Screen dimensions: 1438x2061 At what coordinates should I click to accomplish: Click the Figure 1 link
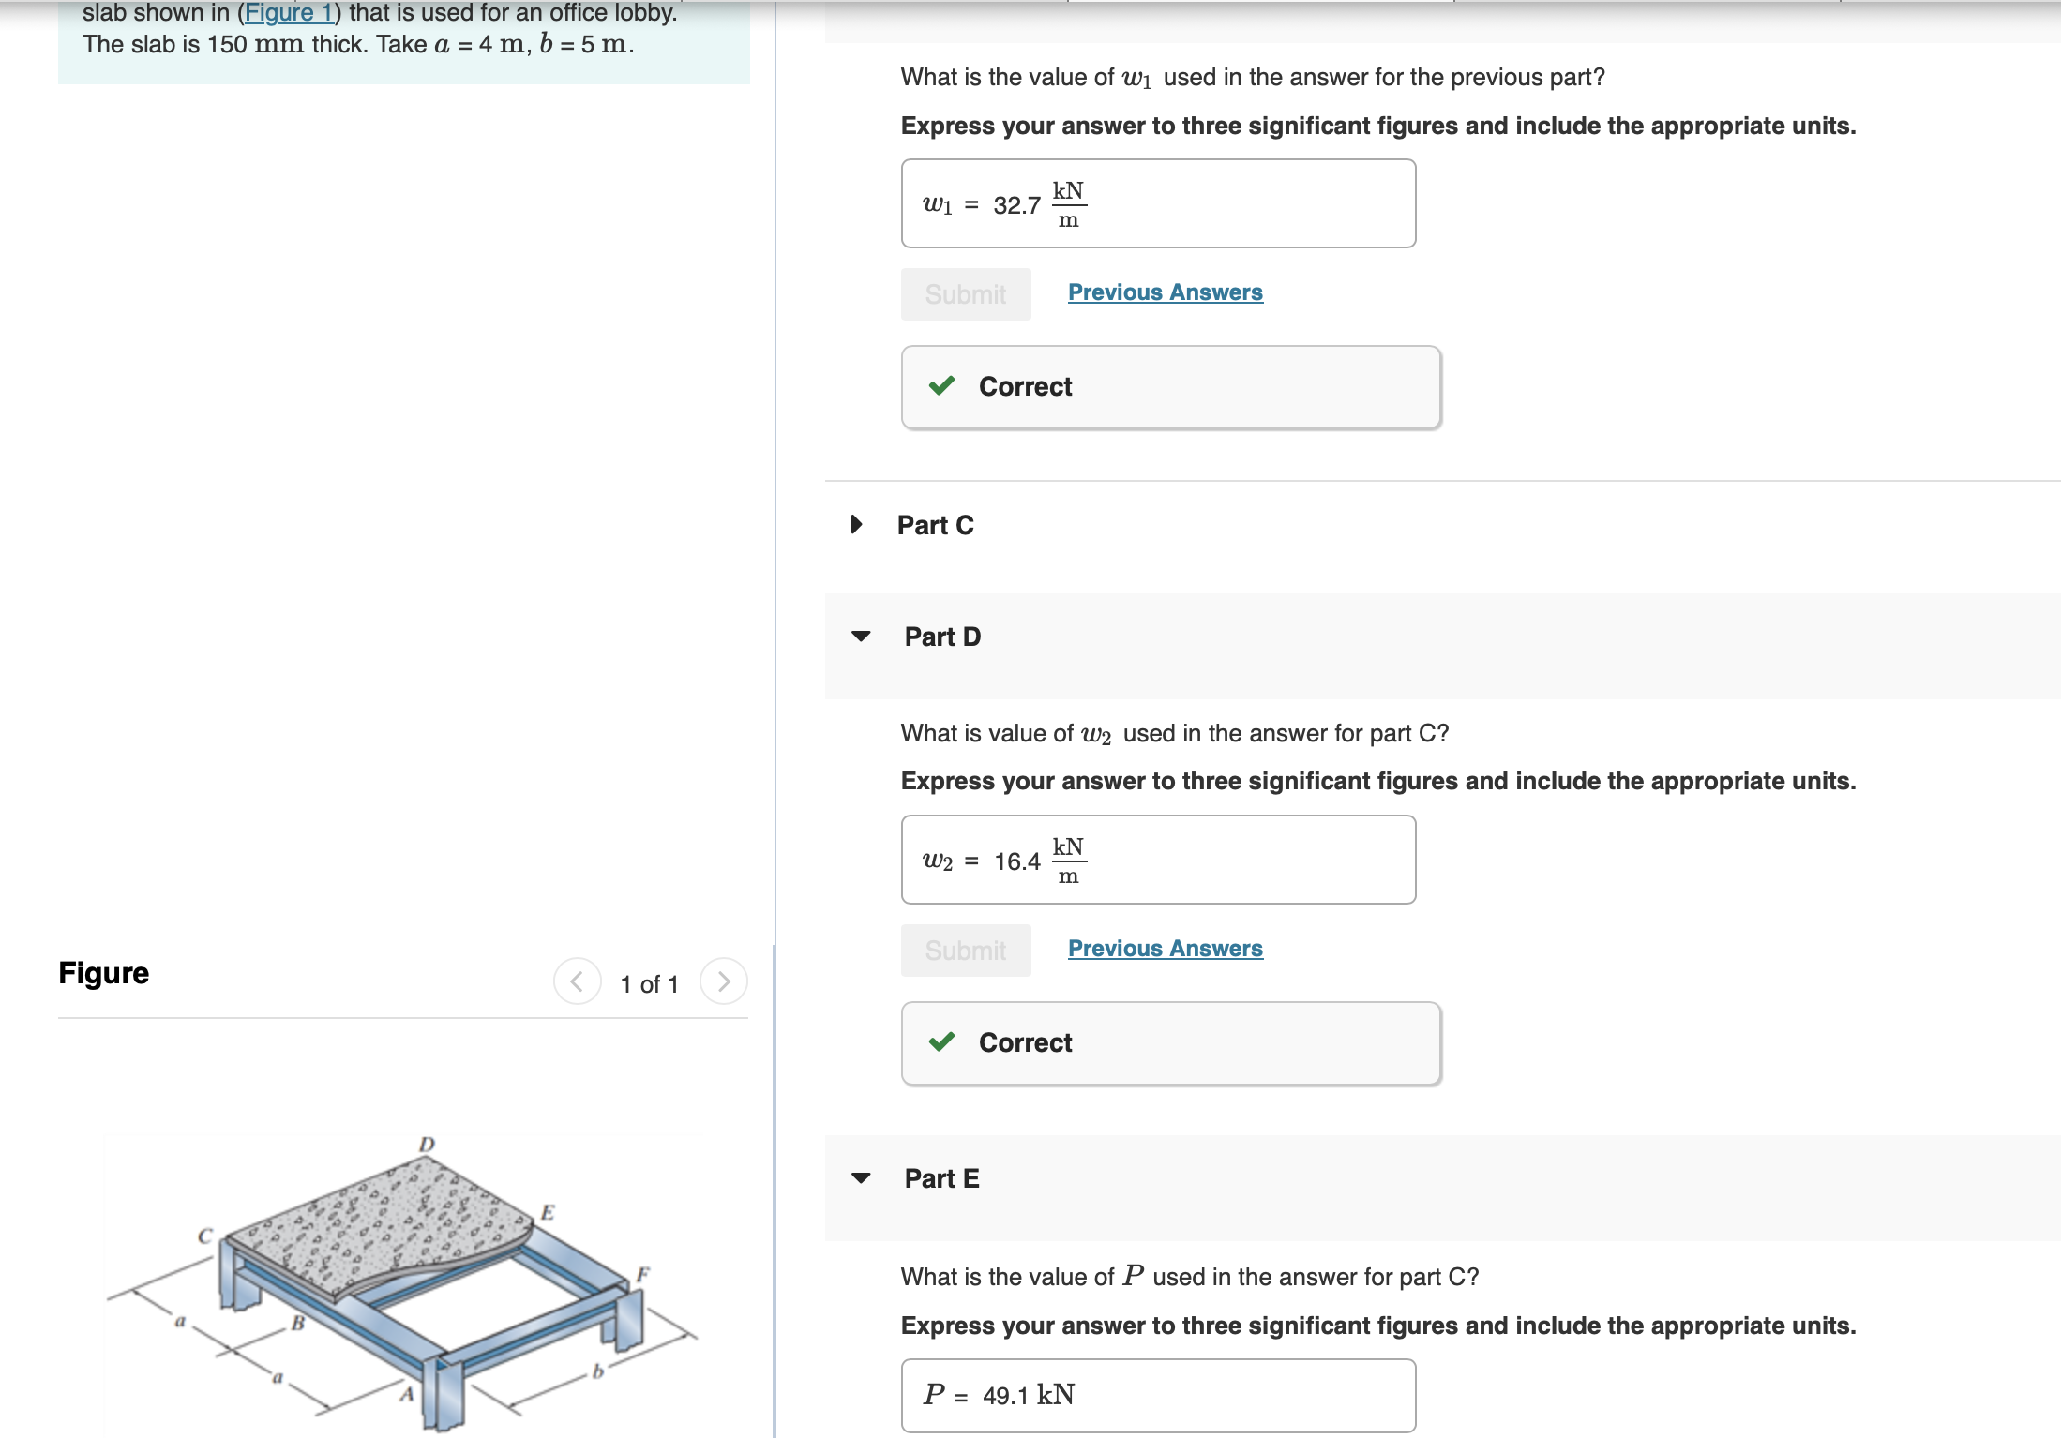tap(288, 13)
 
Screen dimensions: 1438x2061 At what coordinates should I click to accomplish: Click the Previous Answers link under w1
tap(1165, 292)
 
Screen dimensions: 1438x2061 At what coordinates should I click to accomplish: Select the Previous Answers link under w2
tap(1165, 949)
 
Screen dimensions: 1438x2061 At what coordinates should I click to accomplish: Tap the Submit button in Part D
tap(965, 951)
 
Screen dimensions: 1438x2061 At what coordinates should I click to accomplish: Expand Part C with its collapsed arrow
tap(856, 524)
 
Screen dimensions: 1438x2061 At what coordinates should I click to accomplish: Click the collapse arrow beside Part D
tap(861, 637)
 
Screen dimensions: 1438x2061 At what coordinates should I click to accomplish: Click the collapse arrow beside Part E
tap(861, 1178)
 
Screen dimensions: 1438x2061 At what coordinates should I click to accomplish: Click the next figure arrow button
tap(723, 981)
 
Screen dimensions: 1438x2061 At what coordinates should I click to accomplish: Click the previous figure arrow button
tap(577, 981)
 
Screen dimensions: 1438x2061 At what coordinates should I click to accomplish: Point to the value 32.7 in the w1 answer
tap(1016, 205)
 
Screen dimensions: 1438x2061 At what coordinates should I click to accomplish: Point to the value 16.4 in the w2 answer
tap(1016, 861)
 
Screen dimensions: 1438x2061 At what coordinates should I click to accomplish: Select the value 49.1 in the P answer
tap(1005, 1396)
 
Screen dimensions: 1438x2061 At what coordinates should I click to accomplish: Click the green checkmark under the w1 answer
tap(941, 386)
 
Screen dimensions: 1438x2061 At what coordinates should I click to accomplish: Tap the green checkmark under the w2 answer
tap(941, 1042)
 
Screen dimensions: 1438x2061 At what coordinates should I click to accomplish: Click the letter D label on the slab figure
tap(427, 1145)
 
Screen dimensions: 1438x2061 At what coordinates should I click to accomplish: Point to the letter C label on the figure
tap(205, 1236)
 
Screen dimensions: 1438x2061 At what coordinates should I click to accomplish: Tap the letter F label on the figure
tap(642, 1274)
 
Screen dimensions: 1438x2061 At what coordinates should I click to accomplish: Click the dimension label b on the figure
tap(597, 1371)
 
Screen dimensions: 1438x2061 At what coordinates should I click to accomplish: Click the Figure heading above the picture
tap(103, 973)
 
